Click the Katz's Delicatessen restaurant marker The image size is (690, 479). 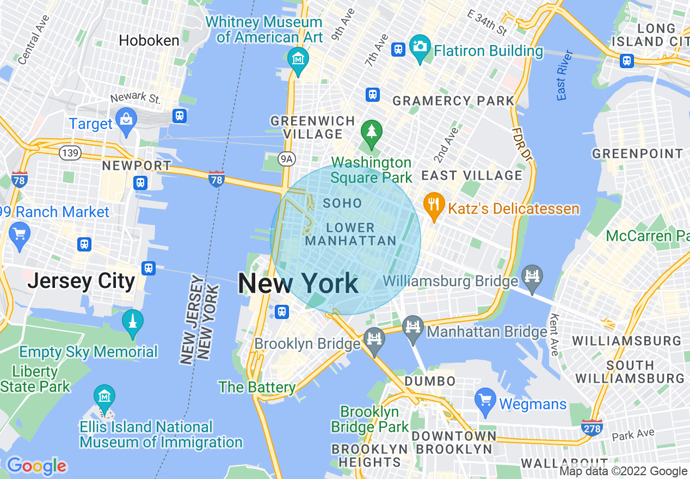pos(433,206)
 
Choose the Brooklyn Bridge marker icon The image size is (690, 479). pos(374,340)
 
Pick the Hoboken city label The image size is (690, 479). pos(149,41)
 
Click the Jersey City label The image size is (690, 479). pos(81,281)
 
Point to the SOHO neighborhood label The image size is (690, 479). pos(342,204)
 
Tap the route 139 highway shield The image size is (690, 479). pos(71,153)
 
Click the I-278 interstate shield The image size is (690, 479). pos(592,428)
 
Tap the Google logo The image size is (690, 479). pos(36,466)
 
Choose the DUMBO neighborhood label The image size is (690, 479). pos(430,380)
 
